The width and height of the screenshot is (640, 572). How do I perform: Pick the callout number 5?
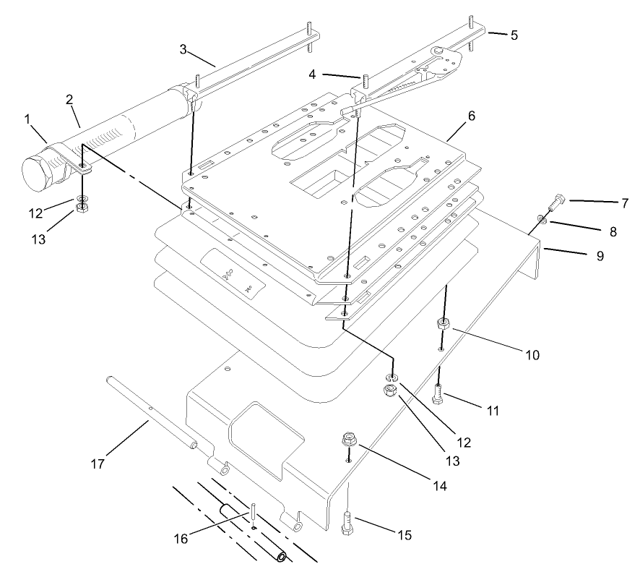coord(514,34)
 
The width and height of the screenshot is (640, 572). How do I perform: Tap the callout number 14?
coord(438,487)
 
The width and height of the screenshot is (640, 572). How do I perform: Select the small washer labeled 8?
coord(541,219)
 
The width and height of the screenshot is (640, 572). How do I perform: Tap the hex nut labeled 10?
coord(444,323)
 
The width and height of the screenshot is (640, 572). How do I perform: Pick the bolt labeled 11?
coord(438,395)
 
